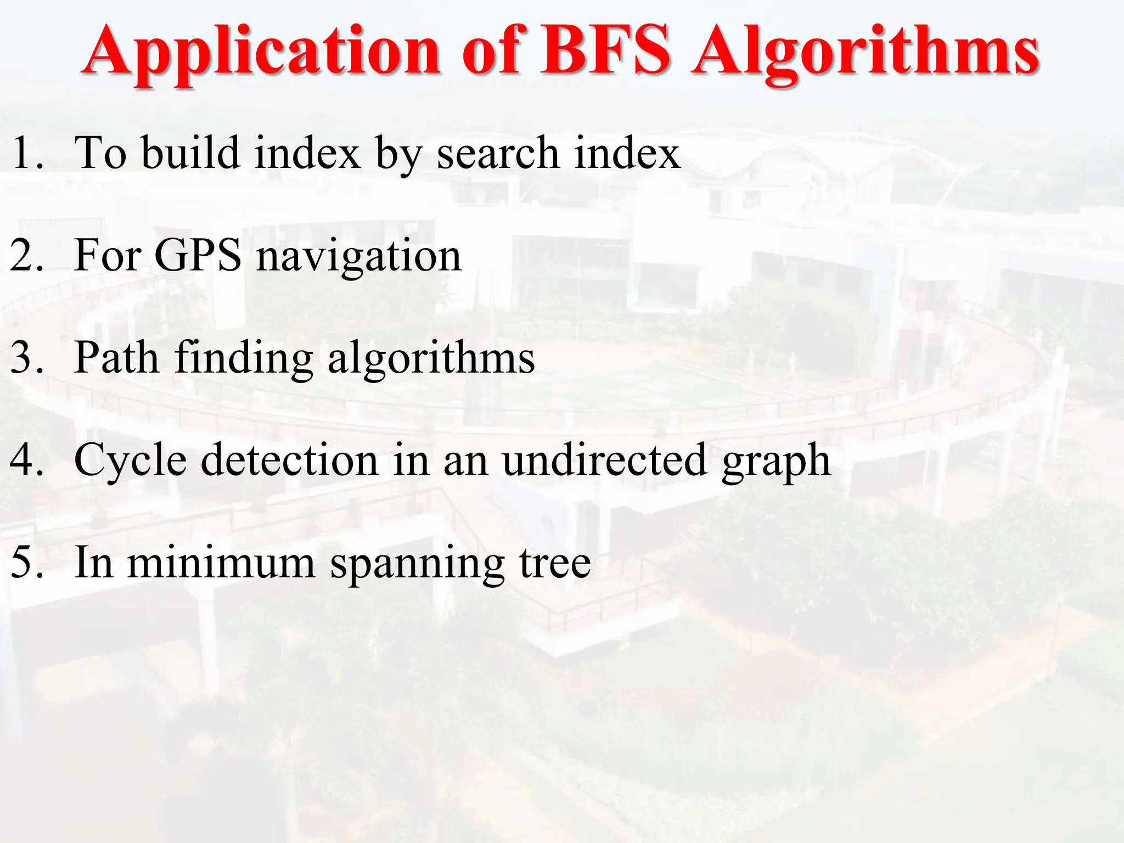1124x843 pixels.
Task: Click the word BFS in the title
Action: (605, 50)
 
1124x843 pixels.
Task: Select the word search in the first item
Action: (497, 154)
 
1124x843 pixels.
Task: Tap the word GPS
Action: (198, 255)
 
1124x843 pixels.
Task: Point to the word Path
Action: (116, 358)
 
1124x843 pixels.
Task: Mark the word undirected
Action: (604, 460)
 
